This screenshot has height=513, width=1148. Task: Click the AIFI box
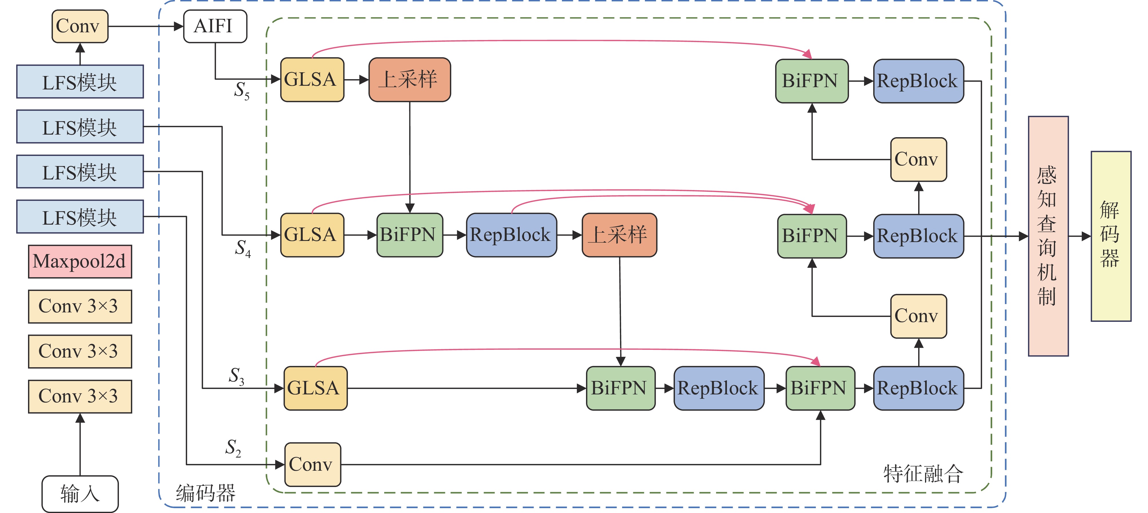coord(215,26)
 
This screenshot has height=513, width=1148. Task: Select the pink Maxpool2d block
coord(80,262)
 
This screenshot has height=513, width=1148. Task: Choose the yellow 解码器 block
coord(1111,236)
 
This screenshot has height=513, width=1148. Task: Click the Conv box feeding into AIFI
coord(80,26)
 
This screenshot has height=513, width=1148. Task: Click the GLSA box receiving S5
coord(312,80)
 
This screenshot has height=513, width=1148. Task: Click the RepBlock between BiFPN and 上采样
coord(511,235)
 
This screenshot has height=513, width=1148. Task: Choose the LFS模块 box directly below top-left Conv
coord(80,81)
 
